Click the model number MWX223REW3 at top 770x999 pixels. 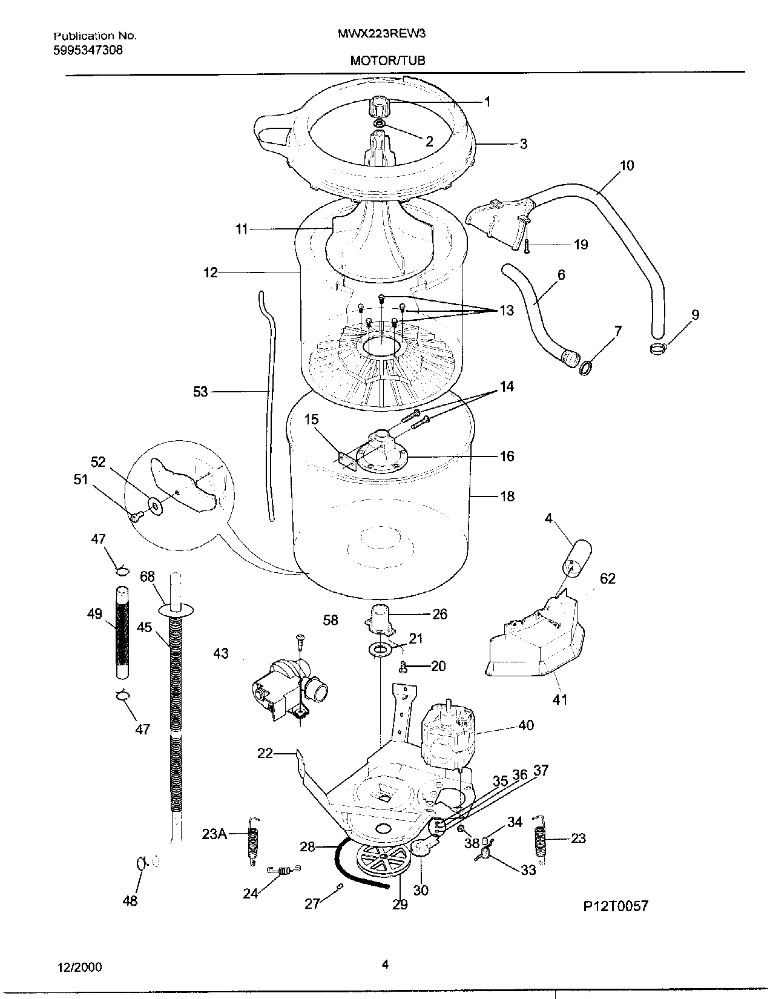(381, 35)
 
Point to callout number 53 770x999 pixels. (200, 392)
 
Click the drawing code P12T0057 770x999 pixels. (615, 906)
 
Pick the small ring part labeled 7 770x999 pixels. (585, 368)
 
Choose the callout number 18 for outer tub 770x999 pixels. (507, 496)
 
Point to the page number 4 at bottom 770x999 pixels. (384, 965)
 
